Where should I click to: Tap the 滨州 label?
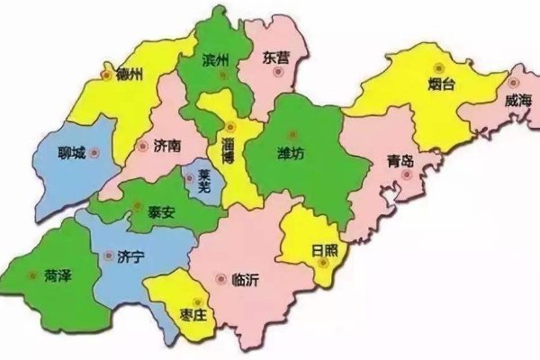(217, 60)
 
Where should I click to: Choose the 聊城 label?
(70, 153)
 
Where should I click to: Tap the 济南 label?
(166, 144)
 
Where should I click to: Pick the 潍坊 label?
(290, 154)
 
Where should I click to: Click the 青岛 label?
(400, 161)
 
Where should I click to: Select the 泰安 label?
(162, 216)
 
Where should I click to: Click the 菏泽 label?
(57, 276)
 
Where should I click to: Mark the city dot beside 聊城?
(95, 154)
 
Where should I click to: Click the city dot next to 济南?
(141, 145)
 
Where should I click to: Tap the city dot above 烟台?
(439, 67)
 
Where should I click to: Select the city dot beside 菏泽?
(32, 275)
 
